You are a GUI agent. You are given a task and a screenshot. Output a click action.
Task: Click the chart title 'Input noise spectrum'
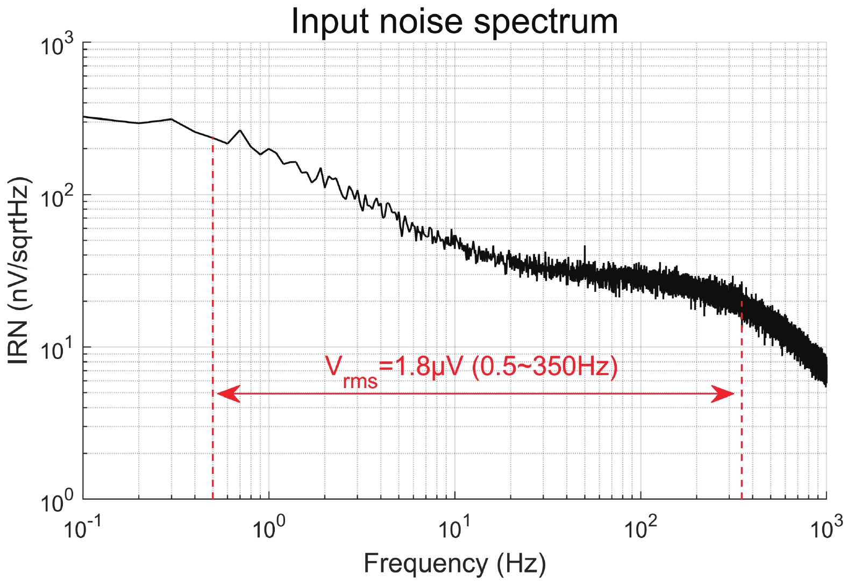[454, 21]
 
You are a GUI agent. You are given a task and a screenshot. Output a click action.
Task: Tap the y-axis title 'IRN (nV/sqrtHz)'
[19, 270]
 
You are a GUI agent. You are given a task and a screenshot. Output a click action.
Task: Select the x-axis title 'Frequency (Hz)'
[454, 564]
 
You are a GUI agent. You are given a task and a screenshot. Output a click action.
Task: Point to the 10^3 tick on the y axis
[58, 46]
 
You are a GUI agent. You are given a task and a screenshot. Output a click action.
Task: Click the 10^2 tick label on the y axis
[58, 198]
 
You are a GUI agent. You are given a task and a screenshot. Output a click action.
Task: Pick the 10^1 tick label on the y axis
[58, 350]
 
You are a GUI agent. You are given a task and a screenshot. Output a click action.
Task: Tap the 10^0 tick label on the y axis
[58, 503]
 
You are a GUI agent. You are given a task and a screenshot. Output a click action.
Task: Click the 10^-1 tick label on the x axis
[82, 528]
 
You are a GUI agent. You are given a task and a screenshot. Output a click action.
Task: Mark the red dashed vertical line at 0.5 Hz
[213, 322]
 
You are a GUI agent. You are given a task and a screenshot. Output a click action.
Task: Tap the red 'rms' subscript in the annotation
[360, 382]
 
